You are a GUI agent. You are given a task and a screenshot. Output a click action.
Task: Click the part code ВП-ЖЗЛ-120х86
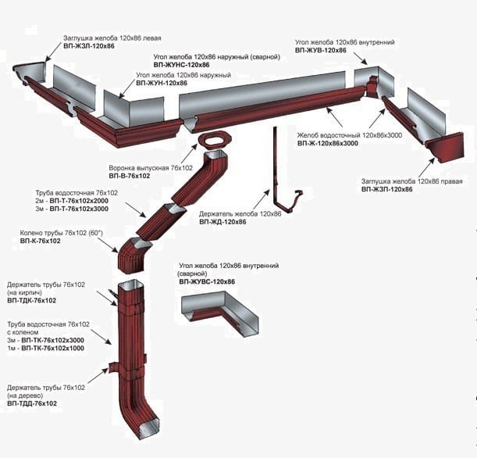point(89,46)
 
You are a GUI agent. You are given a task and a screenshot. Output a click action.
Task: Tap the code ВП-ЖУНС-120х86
point(183,65)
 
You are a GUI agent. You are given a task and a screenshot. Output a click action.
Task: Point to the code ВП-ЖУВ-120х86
point(321,49)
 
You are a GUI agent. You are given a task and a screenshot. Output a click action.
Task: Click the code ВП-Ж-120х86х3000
point(328,143)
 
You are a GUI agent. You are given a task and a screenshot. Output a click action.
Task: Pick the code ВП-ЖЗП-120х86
point(386,190)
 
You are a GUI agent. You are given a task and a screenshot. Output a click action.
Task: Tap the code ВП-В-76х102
point(129,176)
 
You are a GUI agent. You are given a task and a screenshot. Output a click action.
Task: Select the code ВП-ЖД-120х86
point(222,222)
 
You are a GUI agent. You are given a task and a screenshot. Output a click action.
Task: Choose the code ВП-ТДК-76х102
point(32,300)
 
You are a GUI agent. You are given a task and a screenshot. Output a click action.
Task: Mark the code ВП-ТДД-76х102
point(32,403)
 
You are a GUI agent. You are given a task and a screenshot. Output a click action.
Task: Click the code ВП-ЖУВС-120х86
point(207,281)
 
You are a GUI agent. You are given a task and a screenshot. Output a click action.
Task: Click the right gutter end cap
point(447,148)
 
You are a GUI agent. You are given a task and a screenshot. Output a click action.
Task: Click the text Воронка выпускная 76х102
point(151,167)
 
